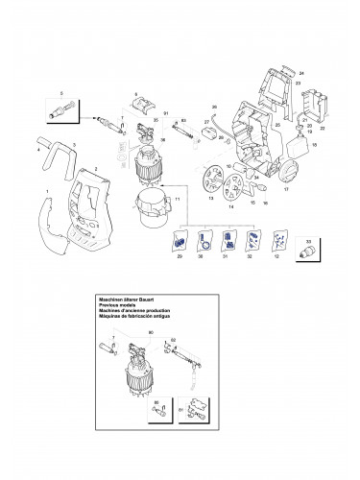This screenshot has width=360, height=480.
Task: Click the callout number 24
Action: [300, 73]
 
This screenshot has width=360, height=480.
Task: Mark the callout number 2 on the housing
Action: [96, 169]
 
